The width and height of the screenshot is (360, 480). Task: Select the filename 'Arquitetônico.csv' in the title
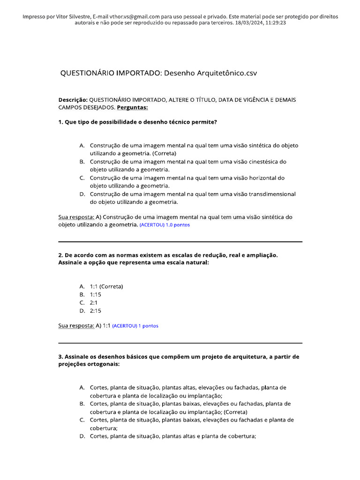227,73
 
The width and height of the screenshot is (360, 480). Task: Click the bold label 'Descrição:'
73,100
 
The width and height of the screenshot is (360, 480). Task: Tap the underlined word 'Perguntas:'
132,107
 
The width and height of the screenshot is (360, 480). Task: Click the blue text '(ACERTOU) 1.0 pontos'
165,225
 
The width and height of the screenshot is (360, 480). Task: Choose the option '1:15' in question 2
96,294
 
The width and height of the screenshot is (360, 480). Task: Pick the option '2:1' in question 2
94,302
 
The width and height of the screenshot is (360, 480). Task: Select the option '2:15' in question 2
96,310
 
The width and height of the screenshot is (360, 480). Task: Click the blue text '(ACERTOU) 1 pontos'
135,326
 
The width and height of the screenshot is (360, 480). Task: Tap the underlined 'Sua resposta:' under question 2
76,326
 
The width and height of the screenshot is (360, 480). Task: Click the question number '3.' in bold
60,357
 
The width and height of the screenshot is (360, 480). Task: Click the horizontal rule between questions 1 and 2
180,242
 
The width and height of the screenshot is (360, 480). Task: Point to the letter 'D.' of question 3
82,436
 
